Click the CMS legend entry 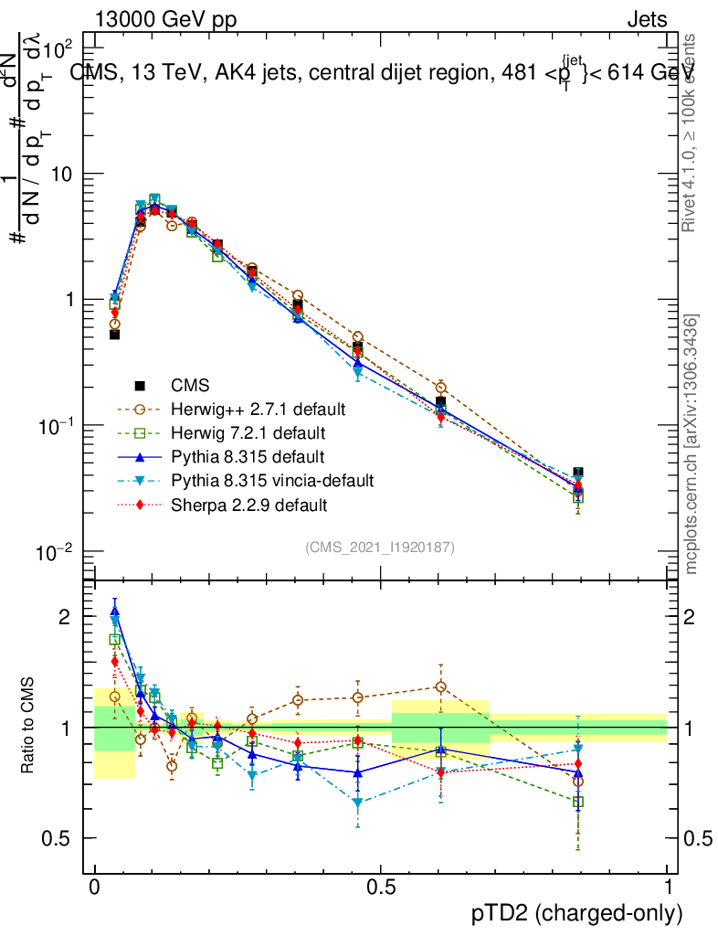click(x=190, y=386)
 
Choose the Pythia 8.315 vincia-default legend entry click(x=272, y=480)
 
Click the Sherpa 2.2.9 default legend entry click(x=248, y=504)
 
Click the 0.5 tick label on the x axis click(x=380, y=886)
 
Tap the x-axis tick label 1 click(x=667, y=886)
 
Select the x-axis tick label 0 click(x=95, y=886)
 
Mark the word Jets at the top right click(x=647, y=19)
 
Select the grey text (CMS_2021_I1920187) click(x=380, y=548)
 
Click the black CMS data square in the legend click(x=141, y=386)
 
